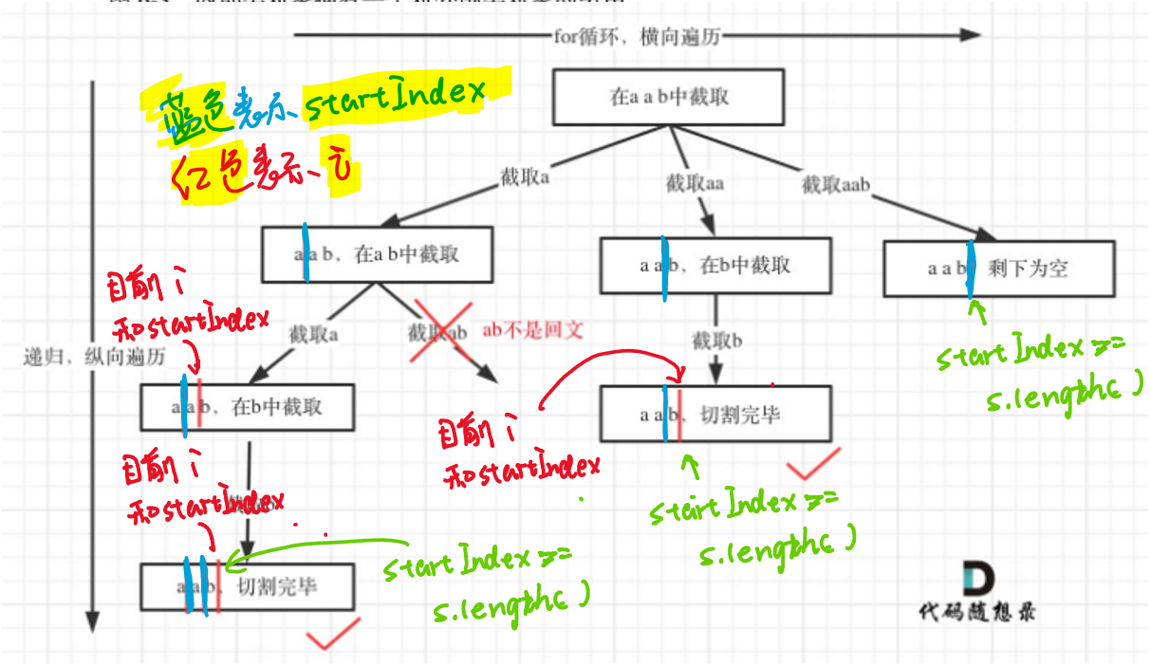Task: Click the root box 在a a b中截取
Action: point(668,97)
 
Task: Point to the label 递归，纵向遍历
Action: point(95,358)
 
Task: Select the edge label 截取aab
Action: point(836,184)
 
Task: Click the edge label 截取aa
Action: point(695,183)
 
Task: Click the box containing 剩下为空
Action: point(997,268)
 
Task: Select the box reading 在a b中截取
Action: point(377,254)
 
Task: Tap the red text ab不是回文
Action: point(532,331)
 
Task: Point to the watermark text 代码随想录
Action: point(977,612)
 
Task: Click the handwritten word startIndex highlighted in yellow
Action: point(394,95)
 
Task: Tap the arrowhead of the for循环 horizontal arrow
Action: point(969,35)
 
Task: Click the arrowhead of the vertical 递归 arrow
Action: point(92,621)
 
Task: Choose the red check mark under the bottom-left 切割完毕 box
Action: point(333,633)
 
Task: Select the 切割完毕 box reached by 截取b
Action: point(715,414)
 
